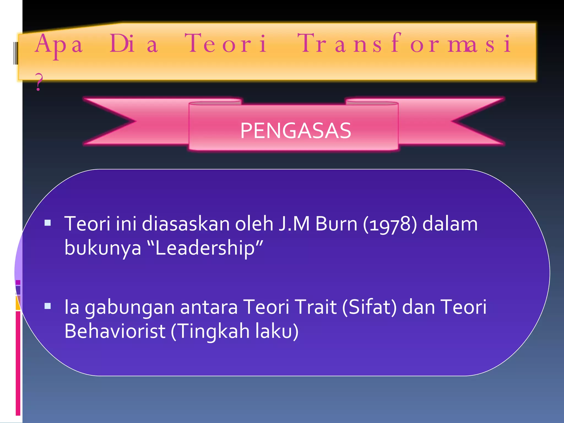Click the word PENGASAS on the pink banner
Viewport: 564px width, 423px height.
(x=295, y=131)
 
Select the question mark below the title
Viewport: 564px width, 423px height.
(x=39, y=82)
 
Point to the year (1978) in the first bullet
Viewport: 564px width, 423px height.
(x=390, y=224)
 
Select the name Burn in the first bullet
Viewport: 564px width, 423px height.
(x=336, y=224)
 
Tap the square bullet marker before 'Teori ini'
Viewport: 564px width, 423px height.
(x=48, y=223)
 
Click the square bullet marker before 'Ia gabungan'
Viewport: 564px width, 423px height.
(x=48, y=306)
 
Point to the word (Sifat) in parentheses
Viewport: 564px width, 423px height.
(x=369, y=307)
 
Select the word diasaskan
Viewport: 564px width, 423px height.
(x=186, y=224)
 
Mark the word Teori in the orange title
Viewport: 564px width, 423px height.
(x=226, y=43)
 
